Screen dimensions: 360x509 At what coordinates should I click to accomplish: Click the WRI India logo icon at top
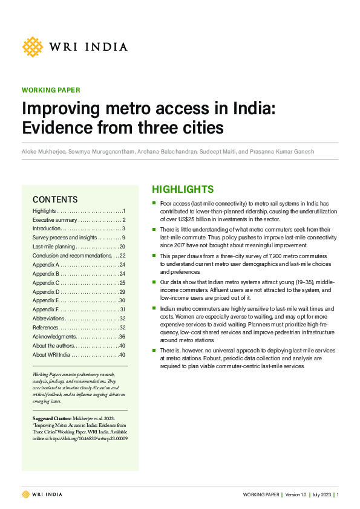33,47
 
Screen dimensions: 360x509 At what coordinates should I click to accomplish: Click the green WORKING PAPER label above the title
51,90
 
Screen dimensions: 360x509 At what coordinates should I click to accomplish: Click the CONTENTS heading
55,199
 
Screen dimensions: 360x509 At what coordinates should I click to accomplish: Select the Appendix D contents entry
46,291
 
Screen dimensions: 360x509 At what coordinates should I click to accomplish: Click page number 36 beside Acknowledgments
122,336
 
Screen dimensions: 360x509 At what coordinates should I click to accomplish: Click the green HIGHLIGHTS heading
182,189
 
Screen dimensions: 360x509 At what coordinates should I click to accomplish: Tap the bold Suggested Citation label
52,418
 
